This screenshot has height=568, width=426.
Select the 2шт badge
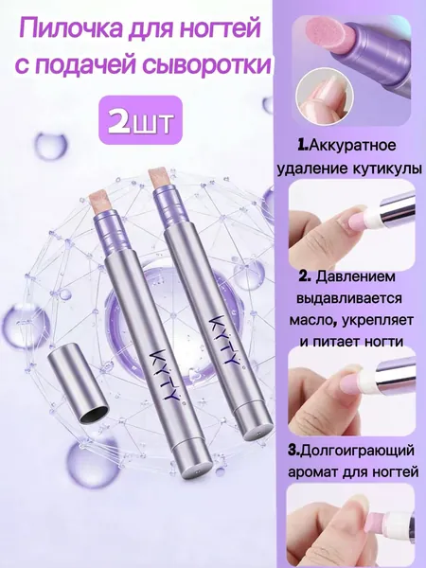tap(140, 120)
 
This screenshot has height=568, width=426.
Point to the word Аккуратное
tap(348, 146)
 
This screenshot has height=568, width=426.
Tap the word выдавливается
tap(349, 299)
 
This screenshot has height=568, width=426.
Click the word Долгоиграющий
tap(357, 451)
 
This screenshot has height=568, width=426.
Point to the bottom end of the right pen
tap(257, 429)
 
